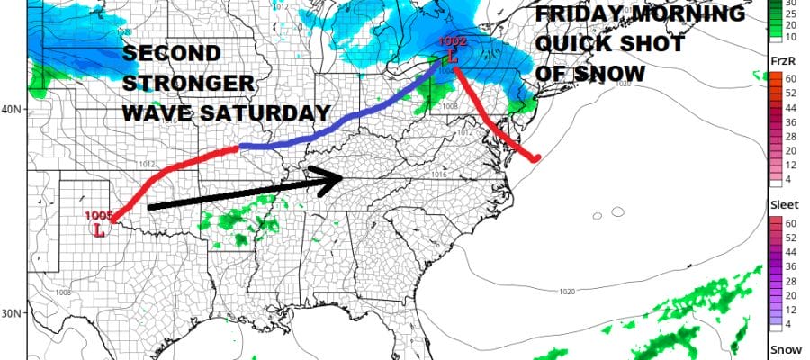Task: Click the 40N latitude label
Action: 13,110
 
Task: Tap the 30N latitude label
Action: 13,314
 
